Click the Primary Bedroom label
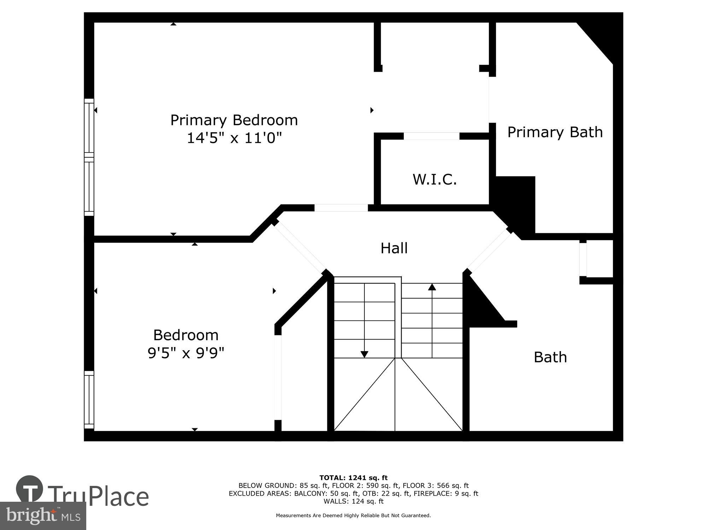pos(234,120)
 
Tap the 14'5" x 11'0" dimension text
pos(234,138)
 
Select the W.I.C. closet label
pos(434,179)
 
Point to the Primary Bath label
pos(555,132)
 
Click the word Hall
pos(394,248)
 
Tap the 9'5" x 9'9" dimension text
pos(186,353)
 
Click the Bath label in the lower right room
pos(550,357)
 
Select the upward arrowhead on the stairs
pos(432,287)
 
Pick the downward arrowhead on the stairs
pos(364,354)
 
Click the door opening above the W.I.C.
pos(431,136)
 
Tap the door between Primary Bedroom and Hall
pos(341,208)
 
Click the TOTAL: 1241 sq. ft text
pos(353,478)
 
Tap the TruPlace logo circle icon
pos(30,489)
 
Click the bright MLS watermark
pos(43,516)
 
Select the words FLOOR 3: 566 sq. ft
pos(436,486)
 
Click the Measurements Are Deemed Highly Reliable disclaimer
pos(353,516)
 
